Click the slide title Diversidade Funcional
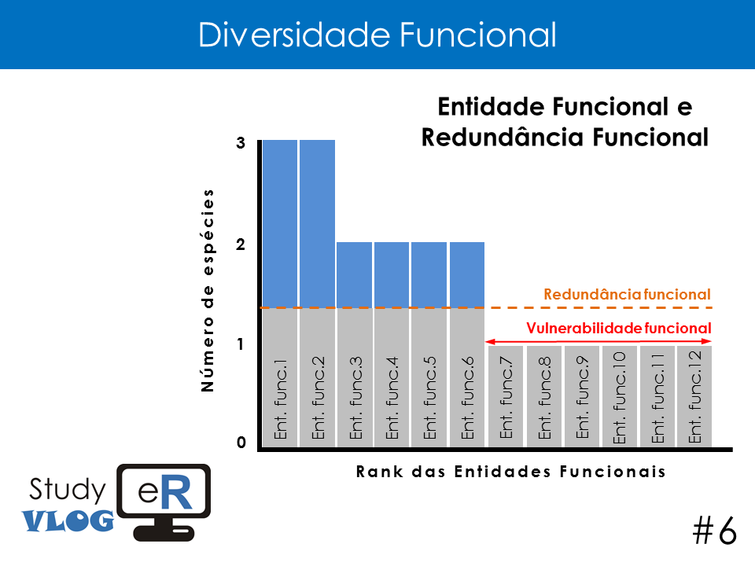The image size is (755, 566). pyautogui.click(x=377, y=35)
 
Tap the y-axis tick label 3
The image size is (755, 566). pyautogui.click(x=241, y=143)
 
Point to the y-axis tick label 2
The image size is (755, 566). pyautogui.click(x=241, y=244)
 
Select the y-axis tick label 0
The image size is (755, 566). pyautogui.click(x=241, y=442)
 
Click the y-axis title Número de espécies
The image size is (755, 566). pyautogui.click(x=207, y=290)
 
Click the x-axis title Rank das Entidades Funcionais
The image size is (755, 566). pyautogui.click(x=511, y=471)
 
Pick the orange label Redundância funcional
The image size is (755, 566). pyautogui.click(x=627, y=294)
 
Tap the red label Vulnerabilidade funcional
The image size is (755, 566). pyautogui.click(x=619, y=328)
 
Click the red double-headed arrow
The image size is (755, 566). pyautogui.click(x=598, y=341)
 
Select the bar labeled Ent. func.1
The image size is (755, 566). pyautogui.click(x=280, y=293)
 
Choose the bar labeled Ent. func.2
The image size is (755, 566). pyautogui.click(x=317, y=293)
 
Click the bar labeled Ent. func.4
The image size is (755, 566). pyautogui.click(x=392, y=344)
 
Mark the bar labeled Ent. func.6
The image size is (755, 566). pyautogui.click(x=467, y=344)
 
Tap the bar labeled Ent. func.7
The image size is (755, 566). pyautogui.click(x=506, y=396)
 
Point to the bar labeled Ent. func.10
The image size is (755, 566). pyautogui.click(x=620, y=396)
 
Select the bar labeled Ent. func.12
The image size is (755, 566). pyautogui.click(x=694, y=396)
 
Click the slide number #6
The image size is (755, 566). pyautogui.click(x=715, y=531)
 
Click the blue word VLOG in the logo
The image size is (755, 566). pyautogui.click(x=68, y=520)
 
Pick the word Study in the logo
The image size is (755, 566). pyautogui.click(x=67, y=490)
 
